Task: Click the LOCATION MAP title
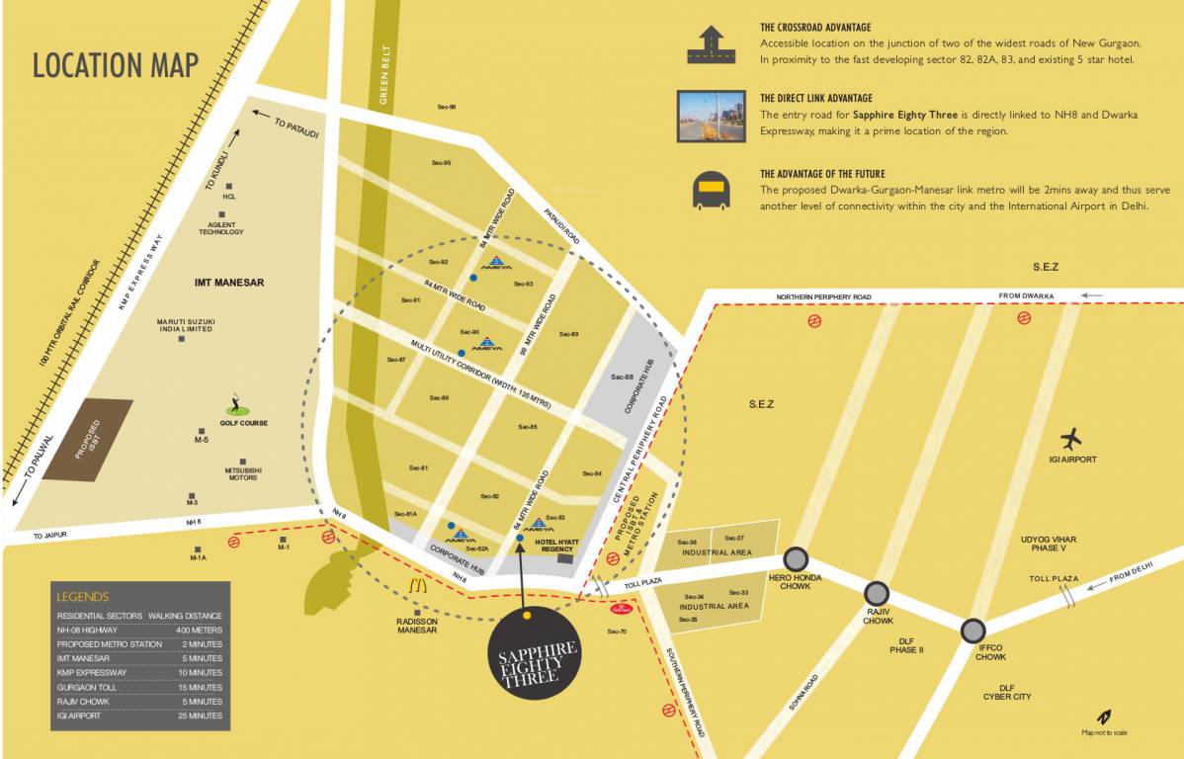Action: point(116,65)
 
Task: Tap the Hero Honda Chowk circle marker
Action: point(797,558)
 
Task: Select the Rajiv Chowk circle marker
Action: point(877,593)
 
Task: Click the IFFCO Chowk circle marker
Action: point(973,630)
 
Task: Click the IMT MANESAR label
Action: point(229,283)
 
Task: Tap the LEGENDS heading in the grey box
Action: point(83,597)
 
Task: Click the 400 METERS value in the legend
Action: point(200,630)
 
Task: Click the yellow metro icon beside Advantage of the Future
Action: point(710,191)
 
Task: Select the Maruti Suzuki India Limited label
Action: point(186,325)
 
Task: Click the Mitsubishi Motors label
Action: point(242,473)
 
